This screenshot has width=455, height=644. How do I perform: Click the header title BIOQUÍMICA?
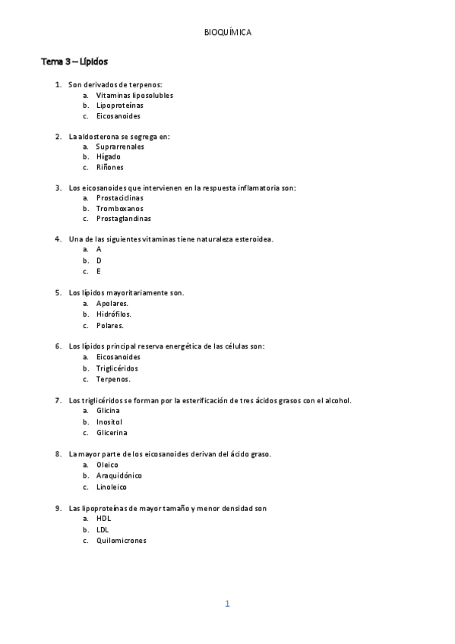(x=228, y=32)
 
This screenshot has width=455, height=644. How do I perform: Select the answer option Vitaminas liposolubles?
(x=134, y=96)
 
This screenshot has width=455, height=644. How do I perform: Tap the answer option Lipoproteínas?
(x=119, y=106)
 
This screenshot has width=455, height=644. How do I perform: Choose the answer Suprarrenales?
(x=120, y=147)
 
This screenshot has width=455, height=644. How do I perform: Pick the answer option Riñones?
(x=109, y=167)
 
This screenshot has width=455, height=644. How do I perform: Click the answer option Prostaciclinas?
(x=119, y=197)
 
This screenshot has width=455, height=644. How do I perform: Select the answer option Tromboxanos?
(x=119, y=208)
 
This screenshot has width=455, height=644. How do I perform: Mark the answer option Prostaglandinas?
(x=123, y=219)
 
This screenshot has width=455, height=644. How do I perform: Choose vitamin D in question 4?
(x=99, y=260)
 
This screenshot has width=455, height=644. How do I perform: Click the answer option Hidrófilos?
(x=113, y=314)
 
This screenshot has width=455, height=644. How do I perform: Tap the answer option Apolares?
(x=112, y=303)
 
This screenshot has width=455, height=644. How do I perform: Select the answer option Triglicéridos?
(x=117, y=368)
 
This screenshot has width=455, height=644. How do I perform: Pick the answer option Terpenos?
(x=112, y=379)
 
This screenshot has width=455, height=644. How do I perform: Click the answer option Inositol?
(x=109, y=421)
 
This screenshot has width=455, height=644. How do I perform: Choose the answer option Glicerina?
(x=112, y=433)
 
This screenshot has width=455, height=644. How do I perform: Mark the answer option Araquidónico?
(x=118, y=475)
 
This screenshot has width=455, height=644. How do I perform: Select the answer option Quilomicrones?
(x=122, y=541)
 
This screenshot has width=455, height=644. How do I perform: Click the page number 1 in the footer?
(x=227, y=605)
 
